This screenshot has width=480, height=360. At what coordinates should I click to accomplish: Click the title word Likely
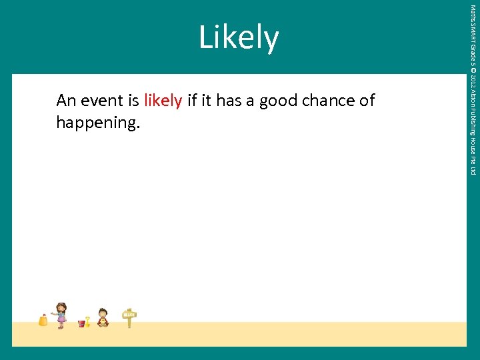tap(239, 37)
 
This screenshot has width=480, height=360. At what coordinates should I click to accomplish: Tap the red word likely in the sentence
tap(163, 101)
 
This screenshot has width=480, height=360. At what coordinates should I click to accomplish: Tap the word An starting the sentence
tap(66, 101)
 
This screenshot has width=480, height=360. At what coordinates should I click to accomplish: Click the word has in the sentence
tap(229, 101)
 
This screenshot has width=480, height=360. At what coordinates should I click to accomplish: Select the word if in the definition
tap(192, 101)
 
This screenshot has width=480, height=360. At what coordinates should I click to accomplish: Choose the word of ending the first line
tap(367, 101)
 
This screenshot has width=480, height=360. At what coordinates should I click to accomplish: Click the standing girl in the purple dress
tap(61, 315)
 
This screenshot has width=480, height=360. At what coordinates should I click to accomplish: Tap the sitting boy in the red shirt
tap(103, 317)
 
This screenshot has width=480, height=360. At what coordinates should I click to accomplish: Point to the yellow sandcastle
tap(43, 320)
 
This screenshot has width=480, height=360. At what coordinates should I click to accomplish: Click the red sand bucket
tap(81, 323)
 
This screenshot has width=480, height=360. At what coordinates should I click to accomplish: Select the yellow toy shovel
tap(87, 321)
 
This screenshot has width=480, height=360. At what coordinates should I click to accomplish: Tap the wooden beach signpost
tap(129, 317)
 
